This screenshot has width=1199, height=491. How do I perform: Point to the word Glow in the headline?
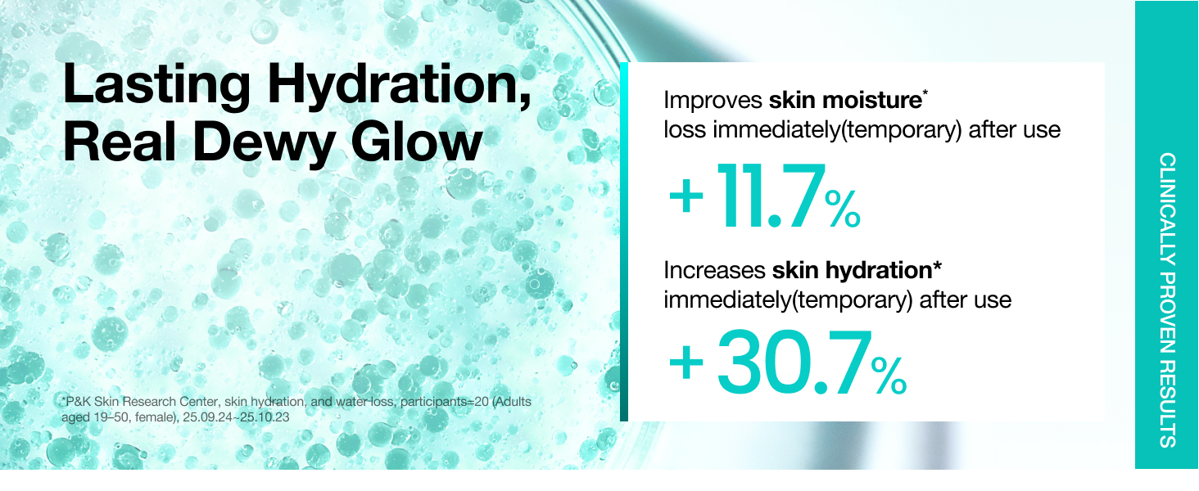(416, 141)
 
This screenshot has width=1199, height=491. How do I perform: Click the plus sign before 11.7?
(686, 196)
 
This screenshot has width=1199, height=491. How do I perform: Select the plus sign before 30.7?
(686, 363)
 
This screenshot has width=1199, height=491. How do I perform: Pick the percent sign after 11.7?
(843, 209)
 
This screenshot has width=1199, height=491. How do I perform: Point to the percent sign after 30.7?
(889, 376)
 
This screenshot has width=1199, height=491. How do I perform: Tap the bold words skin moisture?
(845, 101)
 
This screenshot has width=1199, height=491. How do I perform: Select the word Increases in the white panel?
(715, 271)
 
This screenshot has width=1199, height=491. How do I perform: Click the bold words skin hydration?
(852, 271)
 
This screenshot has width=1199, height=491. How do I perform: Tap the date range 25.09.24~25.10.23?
(236, 417)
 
